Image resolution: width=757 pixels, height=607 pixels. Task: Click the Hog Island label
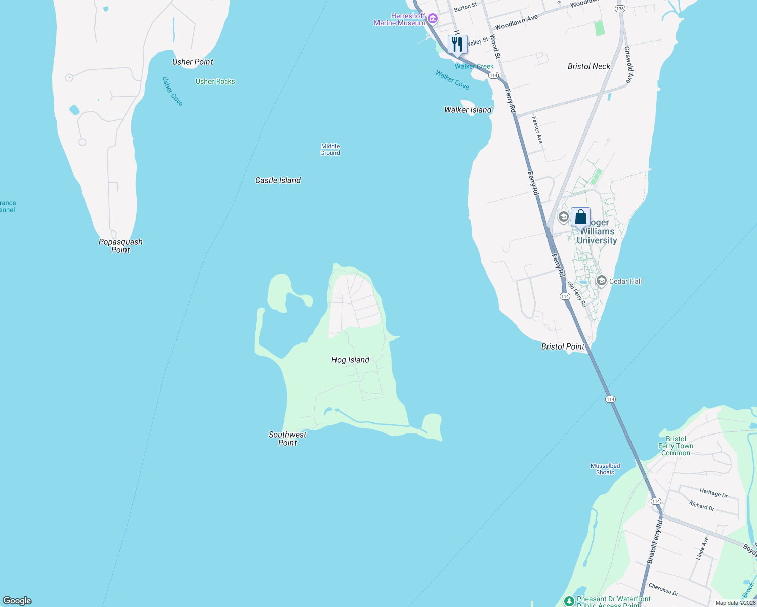350,360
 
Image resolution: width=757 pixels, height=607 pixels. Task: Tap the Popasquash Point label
120,246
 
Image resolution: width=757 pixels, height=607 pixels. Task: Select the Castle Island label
278,180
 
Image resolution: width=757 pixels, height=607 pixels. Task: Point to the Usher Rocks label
216,81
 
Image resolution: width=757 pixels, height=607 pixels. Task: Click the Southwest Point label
287,439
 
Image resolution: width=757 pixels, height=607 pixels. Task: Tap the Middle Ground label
330,149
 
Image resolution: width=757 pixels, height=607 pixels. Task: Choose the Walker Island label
468,110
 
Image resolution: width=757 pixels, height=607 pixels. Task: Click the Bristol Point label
563,346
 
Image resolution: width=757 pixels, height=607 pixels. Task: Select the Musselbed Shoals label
605,469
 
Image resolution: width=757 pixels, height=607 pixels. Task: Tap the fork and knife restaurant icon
457,44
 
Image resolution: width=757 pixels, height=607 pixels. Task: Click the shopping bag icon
580,217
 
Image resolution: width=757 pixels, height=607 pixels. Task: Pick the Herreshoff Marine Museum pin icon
432,19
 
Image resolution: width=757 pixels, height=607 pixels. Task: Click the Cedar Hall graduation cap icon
602,281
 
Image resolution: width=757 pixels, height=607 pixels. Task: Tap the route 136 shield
620,9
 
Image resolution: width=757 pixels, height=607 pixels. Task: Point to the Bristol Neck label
589,66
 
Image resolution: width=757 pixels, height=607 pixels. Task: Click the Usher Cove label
173,91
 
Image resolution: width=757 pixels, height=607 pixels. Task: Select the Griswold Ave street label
628,65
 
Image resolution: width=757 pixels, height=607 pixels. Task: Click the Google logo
17,600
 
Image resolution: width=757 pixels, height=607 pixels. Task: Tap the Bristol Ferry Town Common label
676,446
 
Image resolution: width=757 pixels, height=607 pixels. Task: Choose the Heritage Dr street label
713,493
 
